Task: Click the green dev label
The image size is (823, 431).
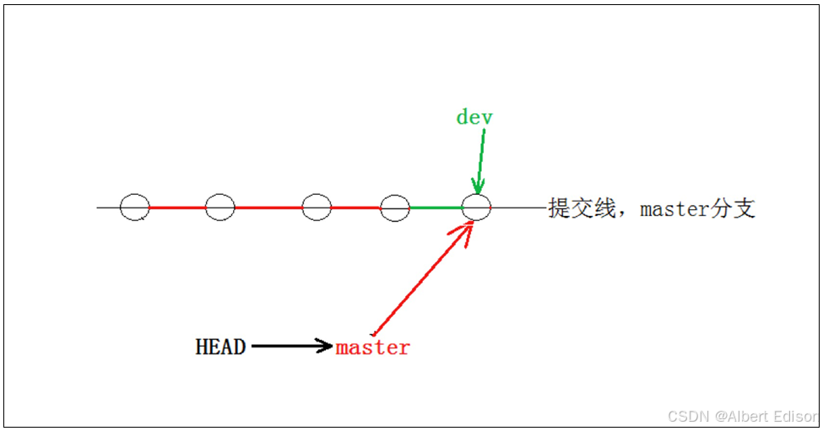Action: (474, 117)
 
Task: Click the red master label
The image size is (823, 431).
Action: (372, 347)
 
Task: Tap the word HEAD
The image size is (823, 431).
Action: (220, 347)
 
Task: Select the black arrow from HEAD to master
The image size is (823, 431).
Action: (291, 345)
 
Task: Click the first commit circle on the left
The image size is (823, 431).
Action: (134, 207)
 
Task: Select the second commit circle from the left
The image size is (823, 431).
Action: (219, 207)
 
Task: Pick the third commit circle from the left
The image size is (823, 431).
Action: (317, 207)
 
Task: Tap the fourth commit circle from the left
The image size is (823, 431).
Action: (394, 207)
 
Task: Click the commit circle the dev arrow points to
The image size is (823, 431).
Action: (477, 207)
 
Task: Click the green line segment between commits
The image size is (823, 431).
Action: (436, 207)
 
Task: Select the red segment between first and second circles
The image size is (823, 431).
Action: (177, 207)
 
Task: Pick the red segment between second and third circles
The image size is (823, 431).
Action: (268, 207)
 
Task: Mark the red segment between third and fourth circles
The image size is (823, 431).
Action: (355, 207)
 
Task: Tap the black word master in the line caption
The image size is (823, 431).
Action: (675, 208)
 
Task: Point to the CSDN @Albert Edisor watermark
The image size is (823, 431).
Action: (742, 417)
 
